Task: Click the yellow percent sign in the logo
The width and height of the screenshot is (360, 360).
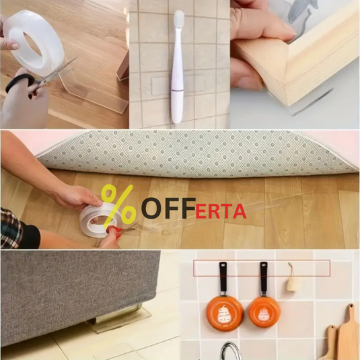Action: (x=118, y=207)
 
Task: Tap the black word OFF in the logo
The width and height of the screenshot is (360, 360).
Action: (x=168, y=208)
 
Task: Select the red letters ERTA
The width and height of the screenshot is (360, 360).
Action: (x=221, y=211)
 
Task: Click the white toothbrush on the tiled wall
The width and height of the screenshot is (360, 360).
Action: (x=178, y=67)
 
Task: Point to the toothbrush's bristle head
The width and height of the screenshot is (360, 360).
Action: (x=178, y=18)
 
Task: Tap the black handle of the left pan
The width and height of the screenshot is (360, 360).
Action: (x=223, y=278)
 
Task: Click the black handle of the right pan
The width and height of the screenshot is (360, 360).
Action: (x=264, y=277)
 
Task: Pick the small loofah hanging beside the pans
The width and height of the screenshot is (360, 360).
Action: (x=293, y=283)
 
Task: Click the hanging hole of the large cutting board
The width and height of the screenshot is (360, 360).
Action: (x=351, y=307)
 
